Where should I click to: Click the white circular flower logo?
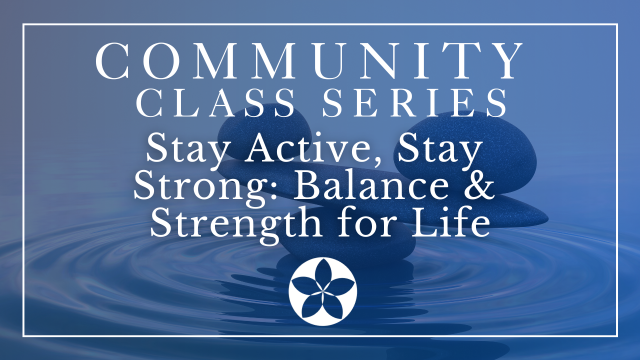click(323, 291)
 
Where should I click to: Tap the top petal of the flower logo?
click(323, 274)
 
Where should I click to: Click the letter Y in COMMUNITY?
click(504, 61)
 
